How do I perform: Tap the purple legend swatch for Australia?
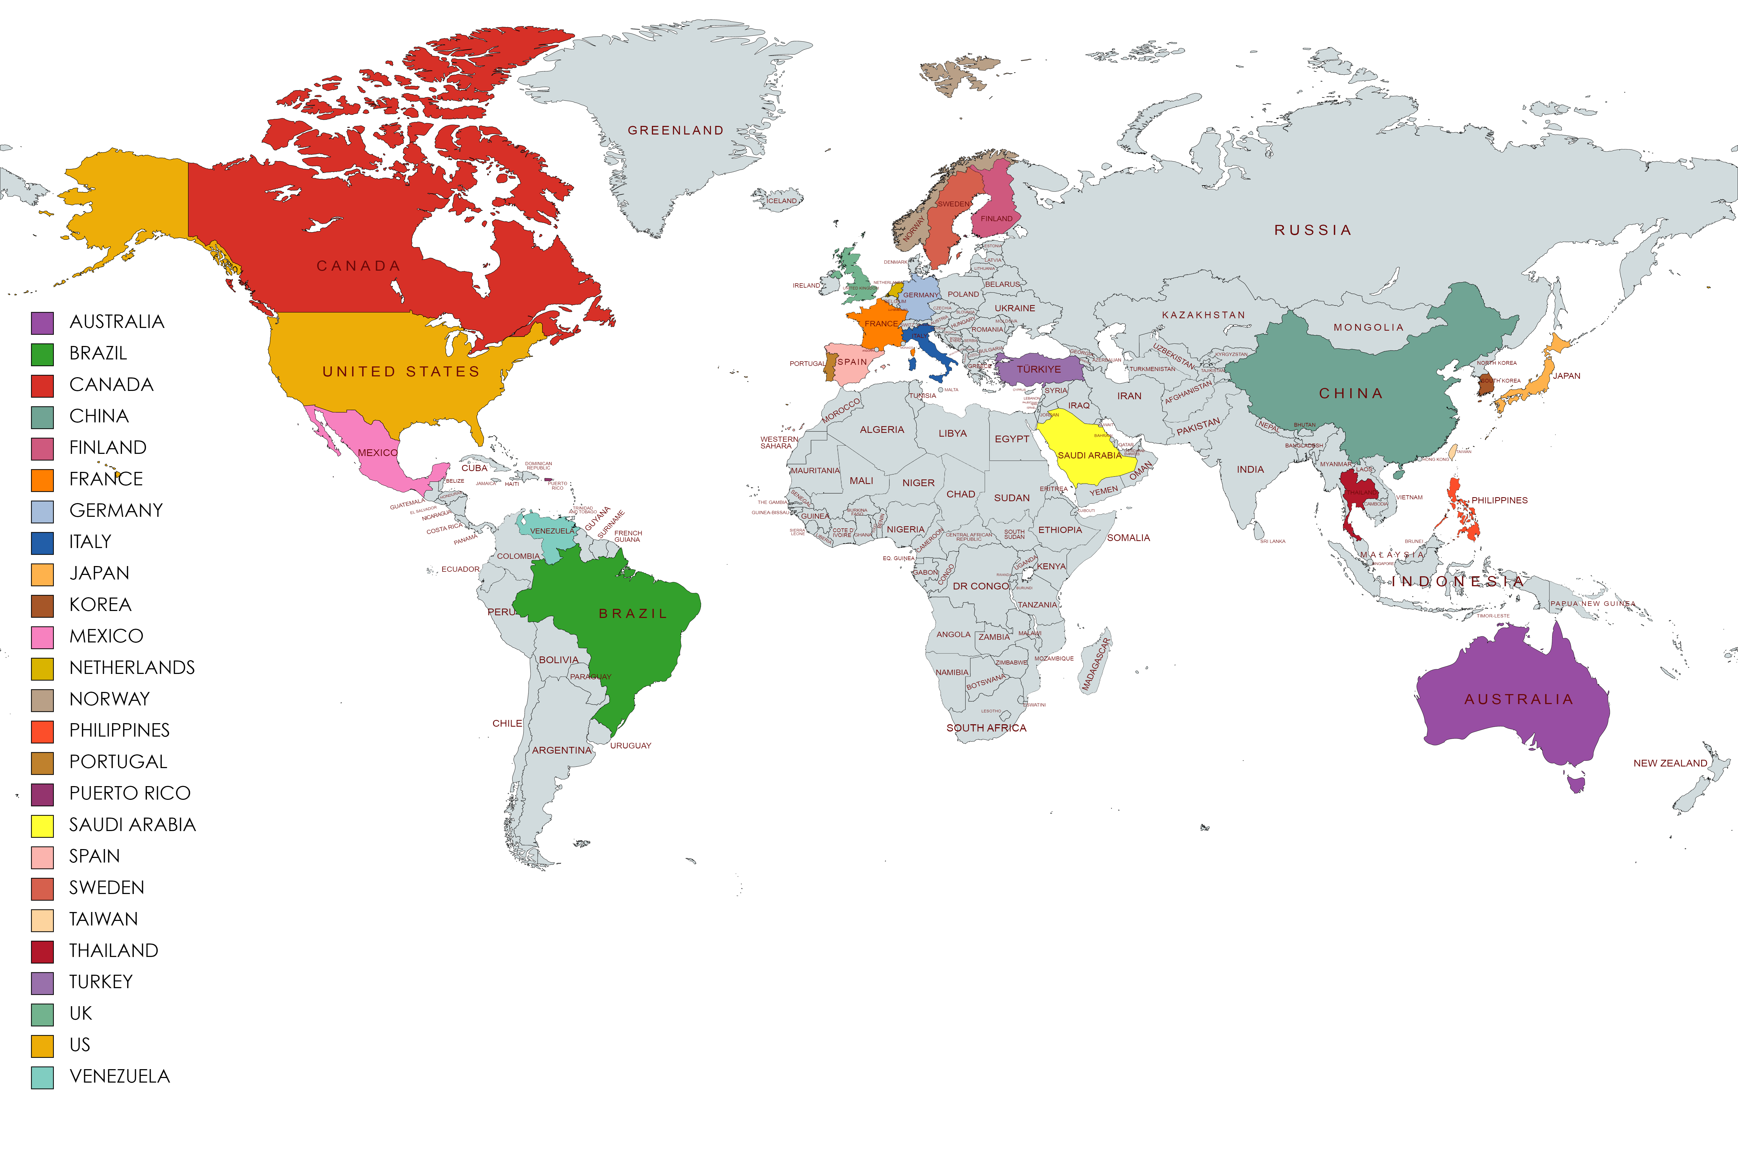(42, 323)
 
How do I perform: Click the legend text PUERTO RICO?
(130, 793)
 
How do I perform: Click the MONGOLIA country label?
(1368, 327)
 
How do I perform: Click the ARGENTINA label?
(561, 750)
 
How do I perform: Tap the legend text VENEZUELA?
(120, 1076)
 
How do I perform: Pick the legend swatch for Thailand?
(42, 951)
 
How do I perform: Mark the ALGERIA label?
(882, 429)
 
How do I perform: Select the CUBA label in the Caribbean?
(474, 468)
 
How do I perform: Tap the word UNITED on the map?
(359, 372)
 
